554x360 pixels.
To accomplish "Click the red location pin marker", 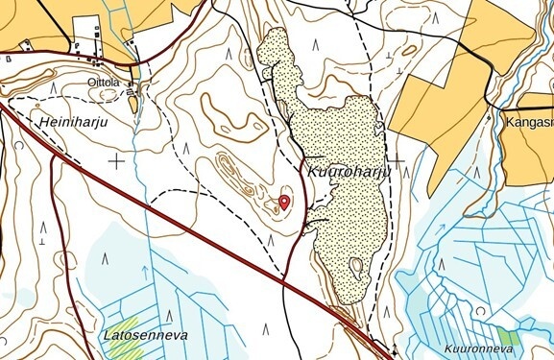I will point(284,201).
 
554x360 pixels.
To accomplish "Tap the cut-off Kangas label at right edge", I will point(527,122).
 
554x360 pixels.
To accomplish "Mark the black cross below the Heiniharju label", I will point(116,161).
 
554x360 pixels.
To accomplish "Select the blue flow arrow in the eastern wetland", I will point(443,229).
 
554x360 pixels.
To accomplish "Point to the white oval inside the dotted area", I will point(356,267).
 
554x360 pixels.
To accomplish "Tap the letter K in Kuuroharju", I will point(312,172).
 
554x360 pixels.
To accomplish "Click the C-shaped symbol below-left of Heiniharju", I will point(19,145).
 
